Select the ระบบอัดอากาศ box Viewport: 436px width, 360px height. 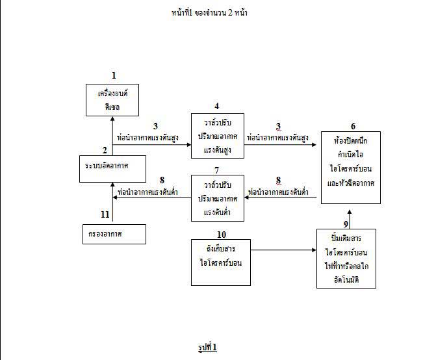point(112,167)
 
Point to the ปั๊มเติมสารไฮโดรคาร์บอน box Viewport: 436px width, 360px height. point(346,258)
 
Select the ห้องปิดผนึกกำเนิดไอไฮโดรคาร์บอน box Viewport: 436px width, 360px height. point(351,167)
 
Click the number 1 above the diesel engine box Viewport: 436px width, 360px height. point(114,76)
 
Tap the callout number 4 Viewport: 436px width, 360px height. point(216,106)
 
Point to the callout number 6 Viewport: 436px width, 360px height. point(353,126)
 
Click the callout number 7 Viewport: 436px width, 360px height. point(216,170)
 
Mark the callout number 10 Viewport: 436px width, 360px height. point(220,233)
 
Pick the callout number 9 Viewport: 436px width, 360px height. point(346,224)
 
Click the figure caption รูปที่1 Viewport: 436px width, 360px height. point(207,347)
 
